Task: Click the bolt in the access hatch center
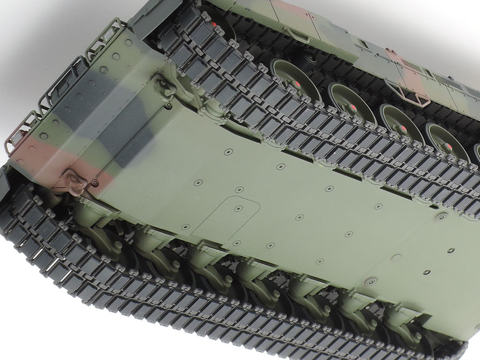click(238, 208)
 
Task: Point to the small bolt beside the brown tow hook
click(96, 183)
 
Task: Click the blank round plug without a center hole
click(396, 258)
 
